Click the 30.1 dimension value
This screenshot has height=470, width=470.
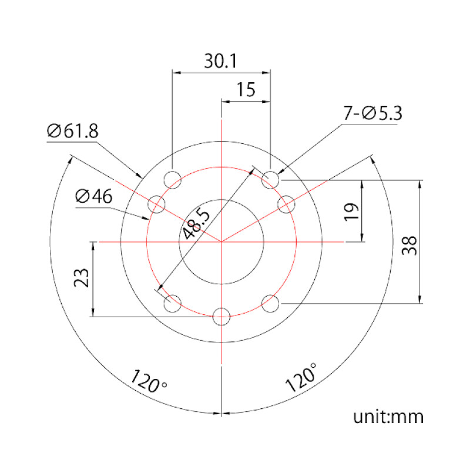click(221, 61)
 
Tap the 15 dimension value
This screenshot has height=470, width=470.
click(246, 90)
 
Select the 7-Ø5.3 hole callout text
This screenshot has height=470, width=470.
click(372, 113)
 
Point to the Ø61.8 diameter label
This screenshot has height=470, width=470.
click(72, 131)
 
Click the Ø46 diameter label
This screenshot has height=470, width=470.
click(94, 197)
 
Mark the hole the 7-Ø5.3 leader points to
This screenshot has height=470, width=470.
click(270, 179)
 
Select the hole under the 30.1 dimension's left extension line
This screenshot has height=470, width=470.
click(172, 179)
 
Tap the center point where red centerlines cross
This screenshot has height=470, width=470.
click(221, 241)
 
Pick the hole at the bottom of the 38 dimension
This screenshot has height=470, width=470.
click(270, 304)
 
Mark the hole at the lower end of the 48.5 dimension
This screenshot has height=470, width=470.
click(172, 304)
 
